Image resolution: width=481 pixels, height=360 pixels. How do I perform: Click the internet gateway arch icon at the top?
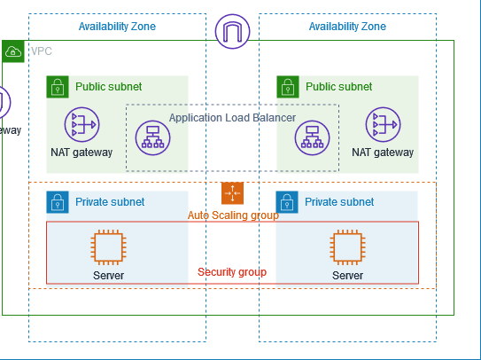(x=232, y=32)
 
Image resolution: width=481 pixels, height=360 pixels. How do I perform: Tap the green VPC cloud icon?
(x=13, y=51)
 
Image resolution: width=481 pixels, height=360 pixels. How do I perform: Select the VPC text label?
(x=42, y=51)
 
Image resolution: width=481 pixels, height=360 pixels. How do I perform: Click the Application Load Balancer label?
(x=232, y=117)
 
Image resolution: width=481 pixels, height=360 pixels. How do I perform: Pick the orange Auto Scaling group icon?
(x=232, y=192)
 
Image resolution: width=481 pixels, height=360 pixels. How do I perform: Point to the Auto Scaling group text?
(x=232, y=215)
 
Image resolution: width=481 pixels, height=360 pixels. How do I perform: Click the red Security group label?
(x=232, y=271)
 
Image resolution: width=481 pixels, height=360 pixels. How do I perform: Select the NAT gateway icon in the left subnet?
(x=81, y=125)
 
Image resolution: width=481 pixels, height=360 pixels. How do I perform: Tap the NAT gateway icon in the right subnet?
(x=383, y=125)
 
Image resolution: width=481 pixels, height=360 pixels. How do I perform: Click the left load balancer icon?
(x=152, y=137)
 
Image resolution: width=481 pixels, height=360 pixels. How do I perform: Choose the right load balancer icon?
(x=312, y=137)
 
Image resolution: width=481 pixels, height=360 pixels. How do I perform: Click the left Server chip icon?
(x=108, y=247)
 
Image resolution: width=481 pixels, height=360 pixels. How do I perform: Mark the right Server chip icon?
(x=347, y=247)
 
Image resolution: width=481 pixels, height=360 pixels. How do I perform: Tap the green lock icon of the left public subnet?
(x=58, y=87)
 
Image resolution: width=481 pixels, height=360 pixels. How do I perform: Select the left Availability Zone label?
(x=117, y=27)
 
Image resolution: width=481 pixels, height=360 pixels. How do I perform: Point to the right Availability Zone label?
(x=347, y=27)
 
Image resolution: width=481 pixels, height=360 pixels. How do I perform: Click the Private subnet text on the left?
(x=110, y=202)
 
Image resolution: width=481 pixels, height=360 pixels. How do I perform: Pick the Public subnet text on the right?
(x=339, y=87)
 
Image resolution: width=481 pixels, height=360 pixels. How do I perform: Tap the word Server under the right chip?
(x=347, y=275)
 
